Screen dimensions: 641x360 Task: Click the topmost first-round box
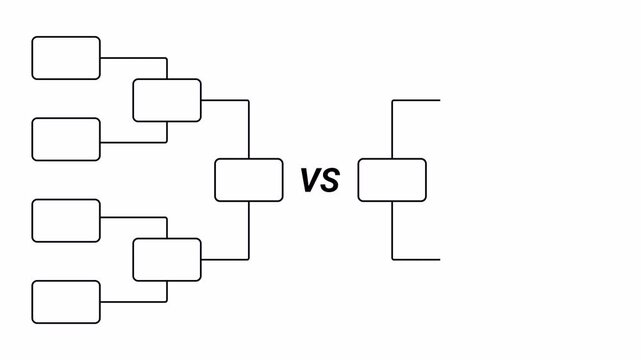pyautogui.click(x=66, y=58)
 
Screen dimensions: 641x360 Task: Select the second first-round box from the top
pyautogui.click(x=66, y=139)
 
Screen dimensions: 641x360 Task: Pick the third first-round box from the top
pyautogui.click(x=66, y=221)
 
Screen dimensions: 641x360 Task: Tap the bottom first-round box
pyautogui.click(x=66, y=302)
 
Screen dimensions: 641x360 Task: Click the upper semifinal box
pyautogui.click(x=167, y=99)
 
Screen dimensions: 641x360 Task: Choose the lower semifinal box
pyautogui.click(x=167, y=260)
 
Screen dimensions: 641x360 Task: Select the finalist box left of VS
pyautogui.click(x=248, y=180)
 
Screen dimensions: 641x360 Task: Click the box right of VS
pyautogui.click(x=392, y=180)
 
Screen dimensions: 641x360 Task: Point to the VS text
pyautogui.click(x=320, y=181)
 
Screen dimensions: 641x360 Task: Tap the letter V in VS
pyautogui.click(x=310, y=181)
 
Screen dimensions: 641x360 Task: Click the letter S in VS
pyautogui.click(x=331, y=181)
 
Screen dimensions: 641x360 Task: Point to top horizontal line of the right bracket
pyautogui.click(x=416, y=100)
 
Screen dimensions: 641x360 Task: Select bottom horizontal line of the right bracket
pyautogui.click(x=416, y=259)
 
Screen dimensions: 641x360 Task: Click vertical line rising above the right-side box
pyautogui.click(x=392, y=128)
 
